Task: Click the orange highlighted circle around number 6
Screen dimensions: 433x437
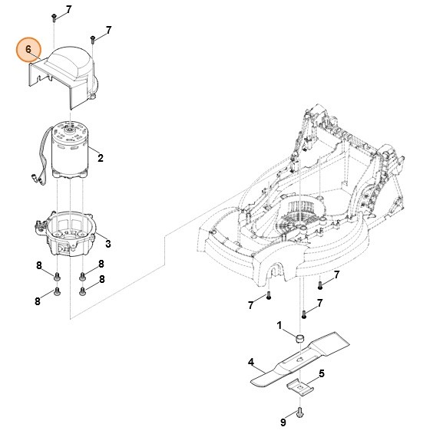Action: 28,50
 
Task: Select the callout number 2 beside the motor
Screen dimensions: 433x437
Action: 101,158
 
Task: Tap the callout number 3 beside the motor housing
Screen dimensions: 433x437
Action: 108,244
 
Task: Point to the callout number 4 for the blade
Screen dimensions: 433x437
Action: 251,363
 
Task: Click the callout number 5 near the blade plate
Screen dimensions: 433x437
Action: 322,373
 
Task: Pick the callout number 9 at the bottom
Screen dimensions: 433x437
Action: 283,422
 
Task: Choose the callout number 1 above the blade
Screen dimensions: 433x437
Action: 279,325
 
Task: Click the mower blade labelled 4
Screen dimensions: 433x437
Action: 300,360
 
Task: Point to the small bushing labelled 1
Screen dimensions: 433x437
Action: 299,338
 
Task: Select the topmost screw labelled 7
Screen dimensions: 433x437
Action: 54,18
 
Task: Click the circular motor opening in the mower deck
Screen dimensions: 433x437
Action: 300,210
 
